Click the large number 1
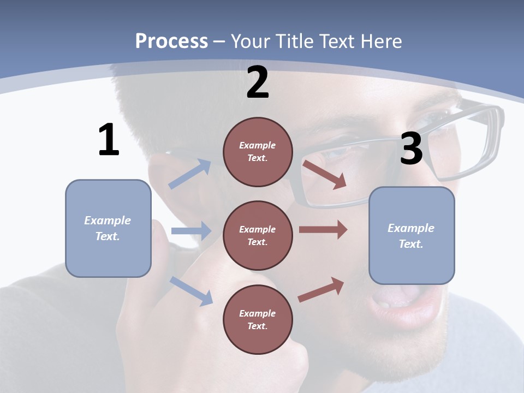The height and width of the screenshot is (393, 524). [109, 140]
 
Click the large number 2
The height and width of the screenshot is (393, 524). [258, 82]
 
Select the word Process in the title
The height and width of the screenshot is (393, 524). [171, 41]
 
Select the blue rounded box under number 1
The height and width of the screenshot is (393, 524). [108, 228]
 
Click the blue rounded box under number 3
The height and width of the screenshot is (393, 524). [412, 236]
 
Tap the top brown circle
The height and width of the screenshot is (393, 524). [258, 152]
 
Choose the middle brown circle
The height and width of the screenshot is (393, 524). [258, 235]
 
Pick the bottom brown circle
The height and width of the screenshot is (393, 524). [258, 319]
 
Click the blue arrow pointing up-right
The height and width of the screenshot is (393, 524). [190, 174]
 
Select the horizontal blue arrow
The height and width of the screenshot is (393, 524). [190, 231]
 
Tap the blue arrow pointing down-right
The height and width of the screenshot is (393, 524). [191, 291]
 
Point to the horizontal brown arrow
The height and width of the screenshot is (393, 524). [323, 229]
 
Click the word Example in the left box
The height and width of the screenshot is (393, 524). [108, 221]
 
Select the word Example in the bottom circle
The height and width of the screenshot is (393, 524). [258, 313]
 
